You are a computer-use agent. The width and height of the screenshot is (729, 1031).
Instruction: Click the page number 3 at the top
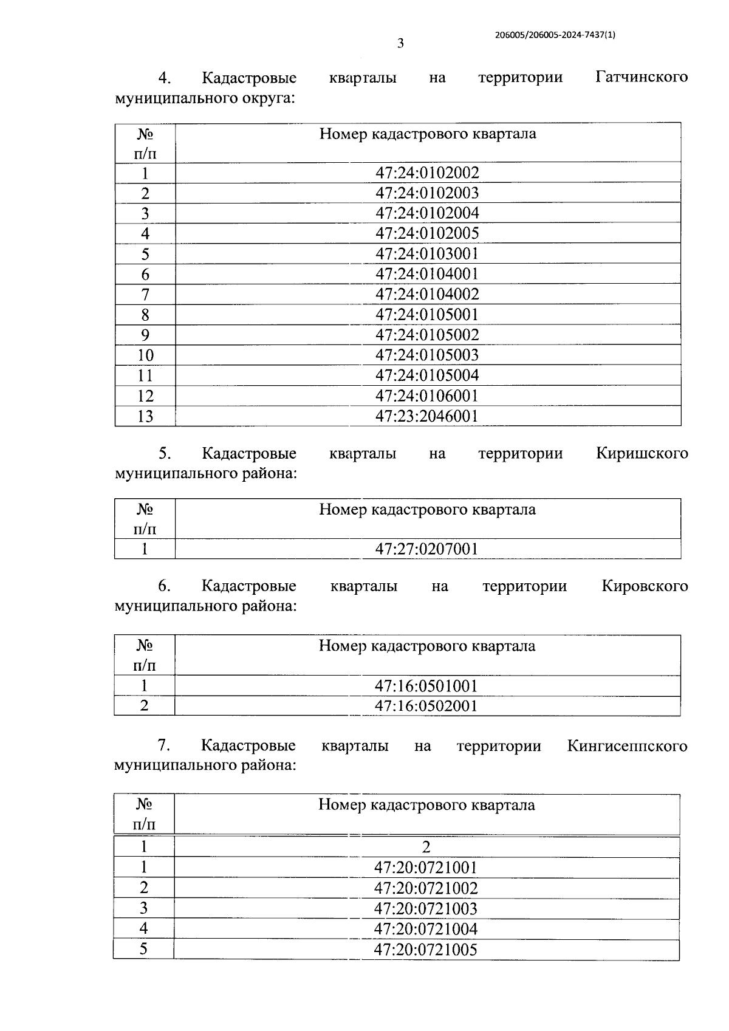pos(400,43)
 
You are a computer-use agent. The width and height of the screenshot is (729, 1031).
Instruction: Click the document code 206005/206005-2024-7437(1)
pos(555,35)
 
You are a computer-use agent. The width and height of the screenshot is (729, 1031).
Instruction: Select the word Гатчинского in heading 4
pos(642,77)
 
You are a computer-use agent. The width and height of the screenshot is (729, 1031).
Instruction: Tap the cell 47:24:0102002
pos(427,173)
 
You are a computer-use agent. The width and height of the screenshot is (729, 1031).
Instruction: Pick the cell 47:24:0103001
pos(427,253)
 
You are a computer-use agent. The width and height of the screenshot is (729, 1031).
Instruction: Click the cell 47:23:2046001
pos(427,416)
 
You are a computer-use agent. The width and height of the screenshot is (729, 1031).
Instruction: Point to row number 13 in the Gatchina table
pos(145,416)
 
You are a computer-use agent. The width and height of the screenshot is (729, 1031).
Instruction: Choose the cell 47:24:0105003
pos(427,355)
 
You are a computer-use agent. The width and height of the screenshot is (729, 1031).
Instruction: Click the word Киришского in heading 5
pos(642,453)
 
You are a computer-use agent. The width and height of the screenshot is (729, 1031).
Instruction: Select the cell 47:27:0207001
pos(427,549)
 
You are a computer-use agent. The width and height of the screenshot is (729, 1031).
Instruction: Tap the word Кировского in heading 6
pos(645,586)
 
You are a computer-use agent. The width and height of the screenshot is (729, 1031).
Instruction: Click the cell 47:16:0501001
pos(426,686)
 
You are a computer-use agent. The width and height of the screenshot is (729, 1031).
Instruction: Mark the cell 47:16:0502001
pos(426,706)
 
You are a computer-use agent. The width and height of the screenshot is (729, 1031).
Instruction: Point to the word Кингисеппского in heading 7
pos(627,746)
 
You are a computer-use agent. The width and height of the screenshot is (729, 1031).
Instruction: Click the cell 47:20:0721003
pos(426,909)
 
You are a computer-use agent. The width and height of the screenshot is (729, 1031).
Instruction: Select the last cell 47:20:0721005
pos(426,950)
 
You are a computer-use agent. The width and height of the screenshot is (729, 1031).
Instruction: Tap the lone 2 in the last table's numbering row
pos(426,847)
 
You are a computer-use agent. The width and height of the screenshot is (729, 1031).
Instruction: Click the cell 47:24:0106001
pos(427,396)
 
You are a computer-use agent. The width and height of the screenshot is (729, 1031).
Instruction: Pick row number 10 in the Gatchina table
pos(145,355)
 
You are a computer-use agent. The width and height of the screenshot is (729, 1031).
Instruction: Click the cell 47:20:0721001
pos(426,868)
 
